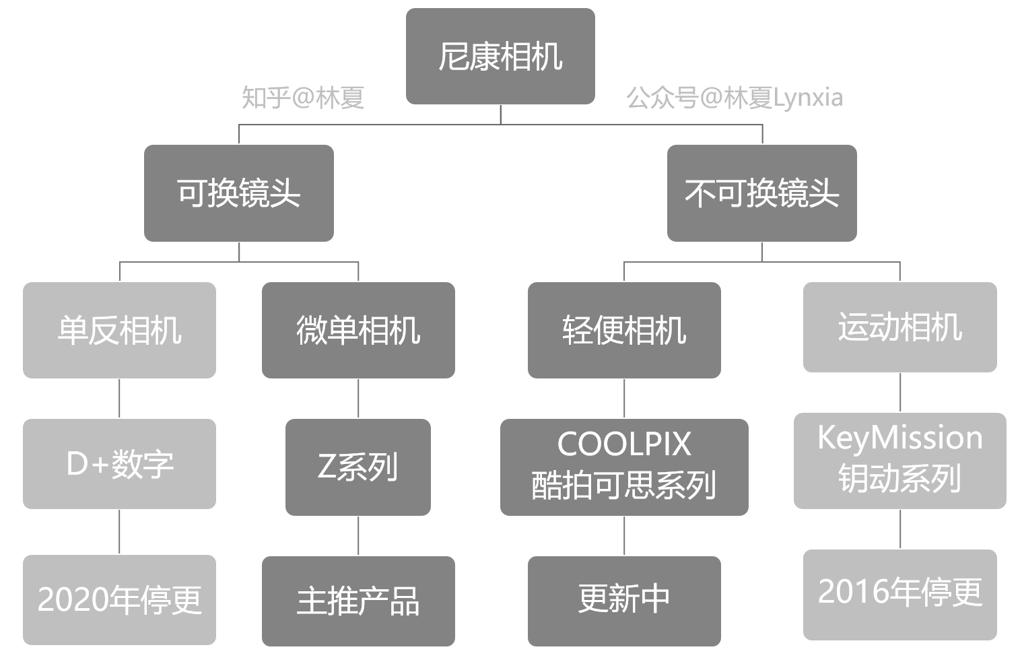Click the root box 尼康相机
point(500,57)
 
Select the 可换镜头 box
point(238,193)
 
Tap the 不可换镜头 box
point(761,193)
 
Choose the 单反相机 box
point(119,330)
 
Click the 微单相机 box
point(358,330)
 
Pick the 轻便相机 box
point(624,330)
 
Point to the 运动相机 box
point(899,327)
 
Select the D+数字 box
point(119,464)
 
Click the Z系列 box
point(358,467)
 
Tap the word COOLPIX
point(624,444)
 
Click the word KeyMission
point(899,438)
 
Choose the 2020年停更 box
point(119,599)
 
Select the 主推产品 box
point(358,601)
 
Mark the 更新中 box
point(624,599)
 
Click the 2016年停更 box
point(899,593)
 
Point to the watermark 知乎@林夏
point(303,98)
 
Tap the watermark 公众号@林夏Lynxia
point(735,98)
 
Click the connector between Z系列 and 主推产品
point(358,535)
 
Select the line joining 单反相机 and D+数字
point(119,398)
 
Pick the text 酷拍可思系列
point(624,486)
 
